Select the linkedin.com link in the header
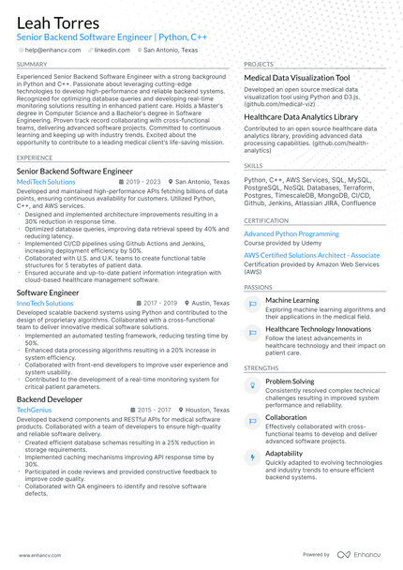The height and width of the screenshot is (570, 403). click(x=111, y=50)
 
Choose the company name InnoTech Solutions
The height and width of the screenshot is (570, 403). click(x=45, y=304)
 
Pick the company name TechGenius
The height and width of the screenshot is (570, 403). click(x=35, y=410)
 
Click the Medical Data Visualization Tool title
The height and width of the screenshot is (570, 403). click(x=296, y=78)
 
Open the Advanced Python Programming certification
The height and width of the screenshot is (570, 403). click(x=291, y=233)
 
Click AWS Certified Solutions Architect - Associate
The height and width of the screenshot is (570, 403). click(x=312, y=255)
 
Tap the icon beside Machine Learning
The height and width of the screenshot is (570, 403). click(x=252, y=304)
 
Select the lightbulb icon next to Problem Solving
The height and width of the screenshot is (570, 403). click(x=252, y=385)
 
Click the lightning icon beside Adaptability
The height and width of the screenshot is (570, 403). click(x=252, y=457)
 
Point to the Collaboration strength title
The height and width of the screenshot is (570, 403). click(x=286, y=417)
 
